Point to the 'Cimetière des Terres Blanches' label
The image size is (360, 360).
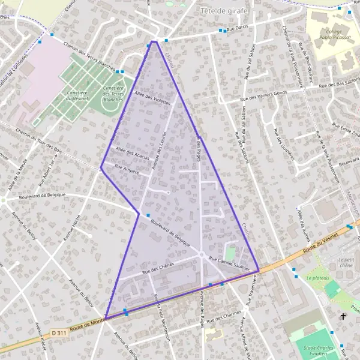pyautogui.click(x=113, y=94)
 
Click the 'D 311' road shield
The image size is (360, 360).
pyautogui.click(x=58, y=332)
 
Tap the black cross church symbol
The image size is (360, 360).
pyautogui.click(x=343, y=316)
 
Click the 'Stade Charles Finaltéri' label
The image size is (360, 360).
pyautogui.click(x=319, y=350)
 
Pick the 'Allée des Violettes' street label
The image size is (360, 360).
pyautogui.click(x=153, y=98)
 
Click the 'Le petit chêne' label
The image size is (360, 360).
pyautogui.click(x=346, y=262)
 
